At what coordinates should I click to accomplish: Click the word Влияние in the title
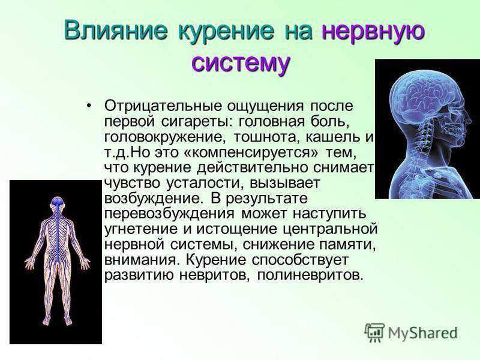point(116,30)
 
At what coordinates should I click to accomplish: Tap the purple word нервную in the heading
point(373,31)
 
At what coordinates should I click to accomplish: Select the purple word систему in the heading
point(241,63)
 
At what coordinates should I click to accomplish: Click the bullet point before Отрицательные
point(89,106)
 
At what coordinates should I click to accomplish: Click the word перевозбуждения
point(169,214)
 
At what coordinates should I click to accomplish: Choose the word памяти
point(347,245)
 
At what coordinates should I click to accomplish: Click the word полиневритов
point(310,275)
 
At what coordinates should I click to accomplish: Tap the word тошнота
point(263,137)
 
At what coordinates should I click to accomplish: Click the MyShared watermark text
point(423,333)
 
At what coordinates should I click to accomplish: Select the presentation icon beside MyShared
point(374,332)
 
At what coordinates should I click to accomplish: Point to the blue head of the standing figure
point(57,202)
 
